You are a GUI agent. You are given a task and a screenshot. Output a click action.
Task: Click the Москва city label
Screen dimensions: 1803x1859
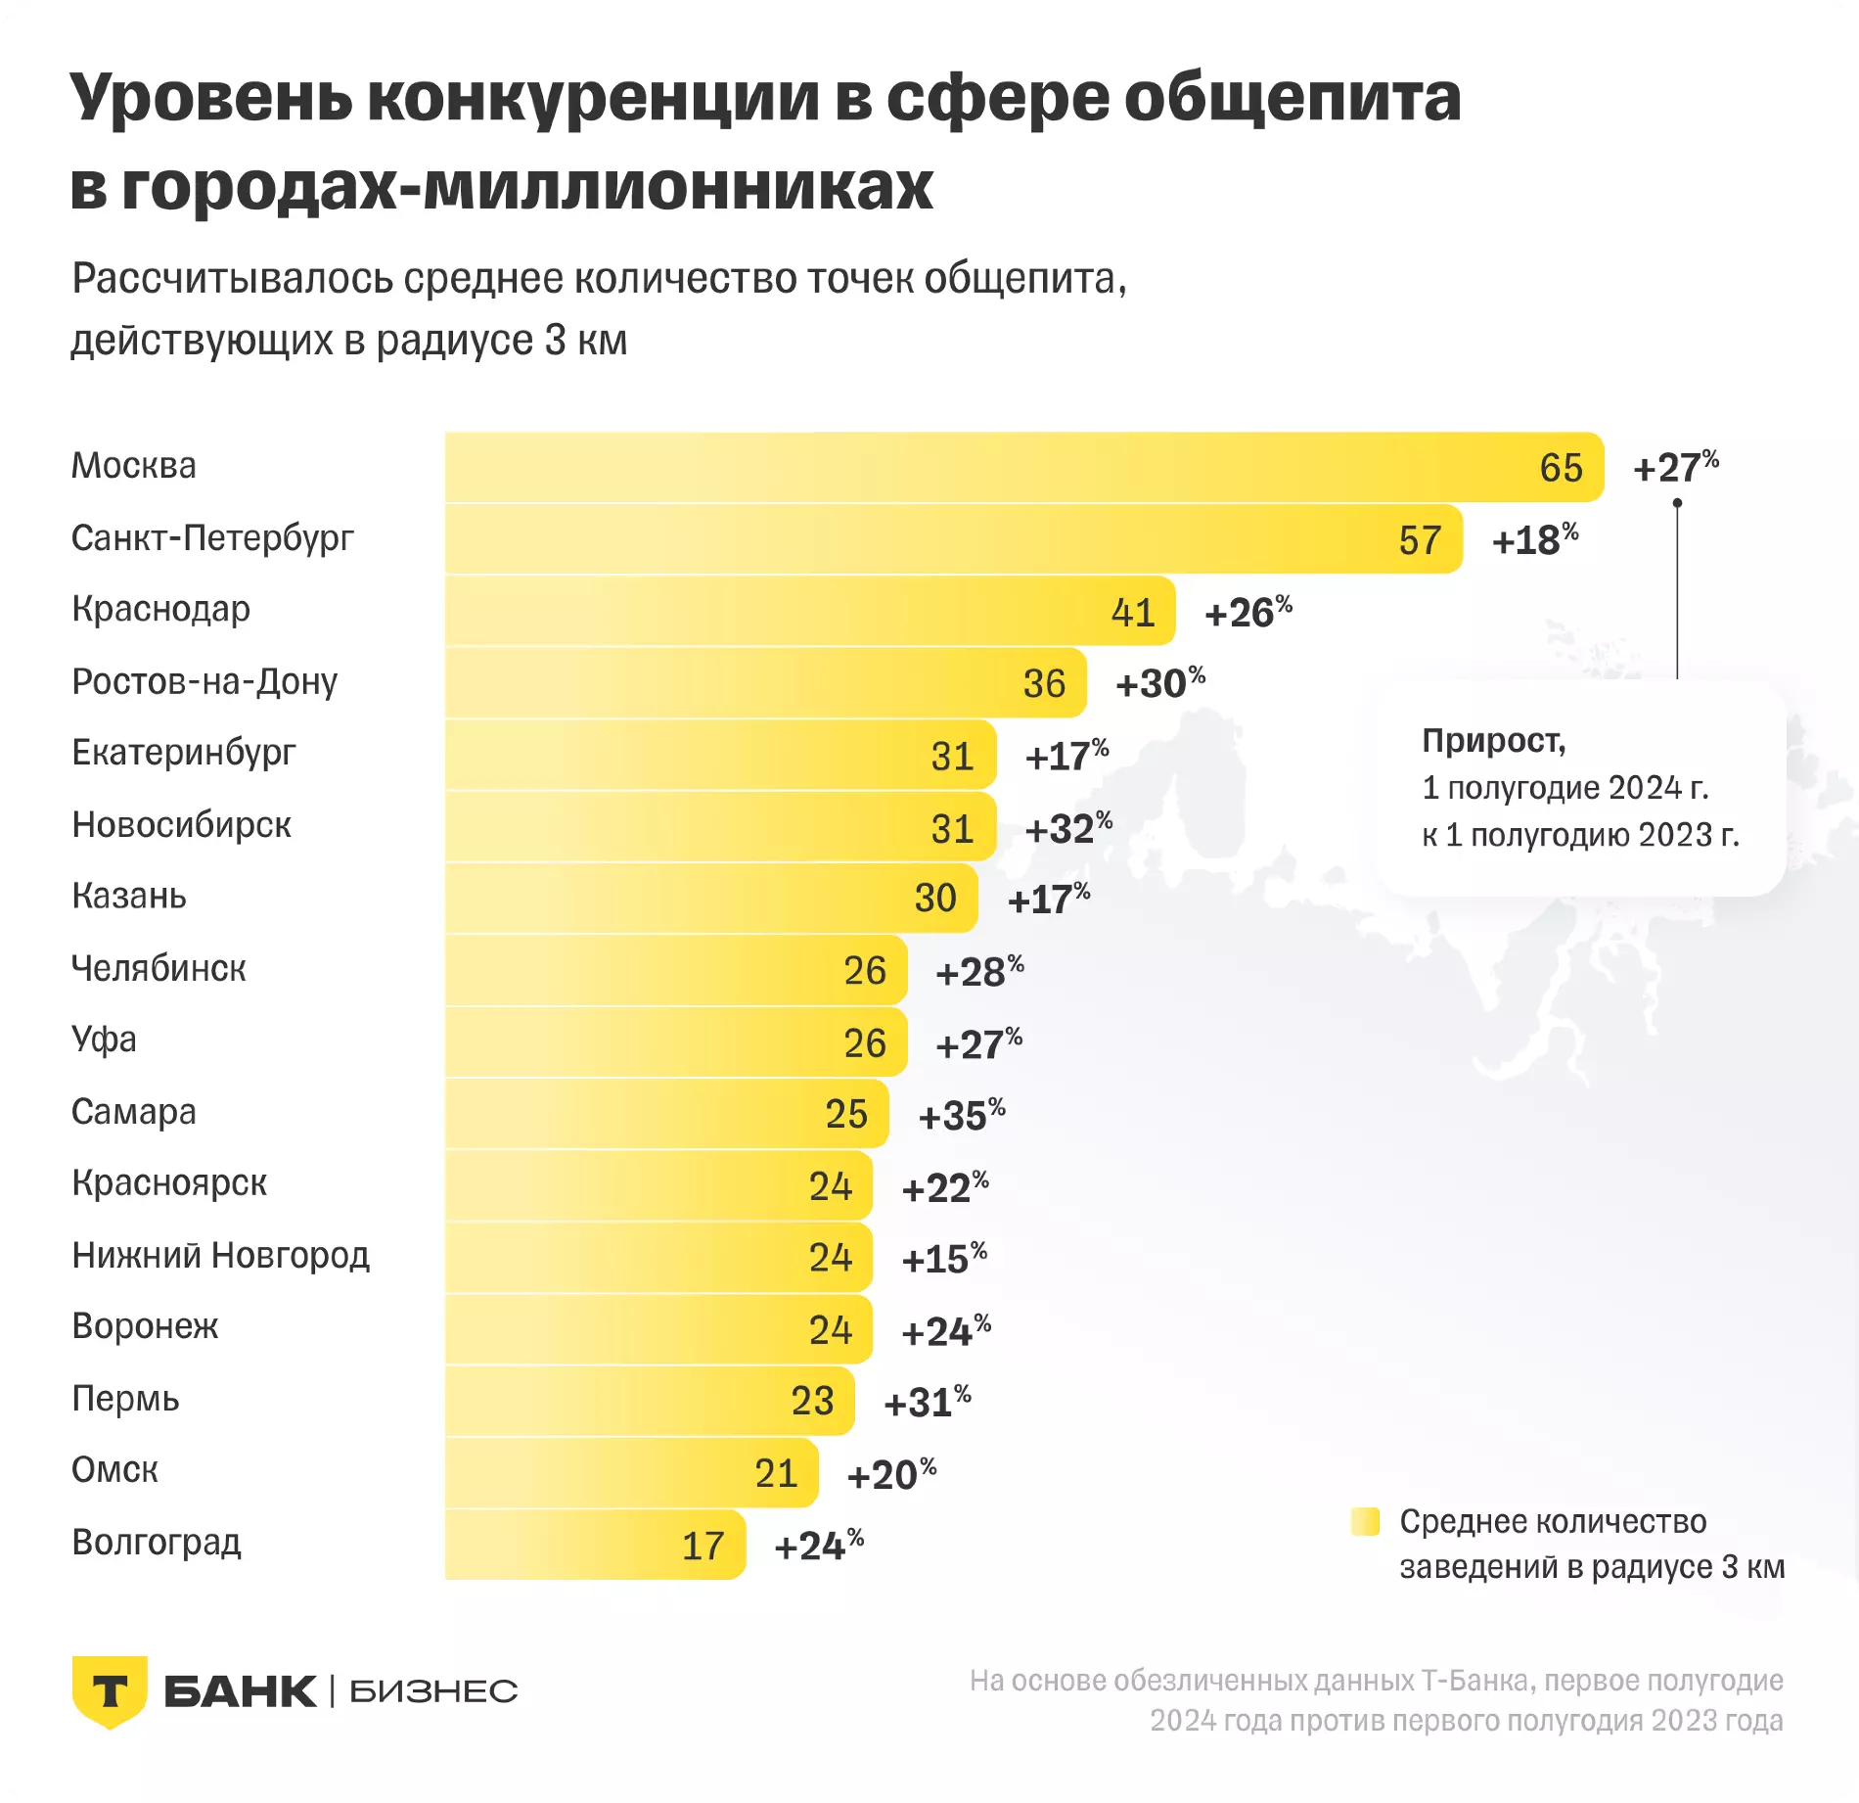(x=134, y=466)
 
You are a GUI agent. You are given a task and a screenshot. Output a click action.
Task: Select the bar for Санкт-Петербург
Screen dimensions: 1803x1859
(x=953, y=539)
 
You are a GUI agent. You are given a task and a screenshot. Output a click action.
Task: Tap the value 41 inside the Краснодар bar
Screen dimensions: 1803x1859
(x=1133, y=613)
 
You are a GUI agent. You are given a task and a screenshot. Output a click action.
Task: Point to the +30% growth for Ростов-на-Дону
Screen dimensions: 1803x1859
(x=1159, y=682)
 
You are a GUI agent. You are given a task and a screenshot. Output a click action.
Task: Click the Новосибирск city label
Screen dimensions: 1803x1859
(x=181, y=825)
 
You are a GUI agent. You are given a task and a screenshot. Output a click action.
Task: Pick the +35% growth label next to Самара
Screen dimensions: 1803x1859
(x=961, y=1114)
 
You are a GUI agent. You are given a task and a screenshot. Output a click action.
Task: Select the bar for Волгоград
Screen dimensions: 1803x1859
(x=595, y=1545)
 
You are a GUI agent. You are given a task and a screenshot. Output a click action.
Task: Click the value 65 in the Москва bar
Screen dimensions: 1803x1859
(x=1561, y=468)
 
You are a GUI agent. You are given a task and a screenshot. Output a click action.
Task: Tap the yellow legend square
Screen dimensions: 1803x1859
(x=1364, y=1522)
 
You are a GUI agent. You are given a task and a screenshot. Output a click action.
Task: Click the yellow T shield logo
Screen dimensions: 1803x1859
(x=110, y=1691)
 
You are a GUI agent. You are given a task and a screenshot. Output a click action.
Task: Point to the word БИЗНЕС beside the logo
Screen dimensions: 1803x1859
(x=433, y=1691)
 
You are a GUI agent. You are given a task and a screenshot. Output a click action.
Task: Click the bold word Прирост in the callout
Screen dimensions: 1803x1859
(x=1493, y=741)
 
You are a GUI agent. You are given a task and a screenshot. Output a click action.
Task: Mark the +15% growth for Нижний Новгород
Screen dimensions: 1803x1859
(x=943, y=1258)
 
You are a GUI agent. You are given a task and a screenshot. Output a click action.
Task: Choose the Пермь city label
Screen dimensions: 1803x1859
(x=125, y=1399)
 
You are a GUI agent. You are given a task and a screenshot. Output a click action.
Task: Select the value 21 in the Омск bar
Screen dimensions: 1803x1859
(x=777, y=1473)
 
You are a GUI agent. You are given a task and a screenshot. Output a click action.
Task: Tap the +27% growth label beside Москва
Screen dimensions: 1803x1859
(x=1675, y=467)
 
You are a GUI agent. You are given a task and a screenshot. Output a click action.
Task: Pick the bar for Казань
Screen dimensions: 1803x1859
(x=710, y=898)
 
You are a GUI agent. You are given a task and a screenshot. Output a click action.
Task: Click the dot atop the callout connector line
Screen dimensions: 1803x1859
(x=1677, y=503)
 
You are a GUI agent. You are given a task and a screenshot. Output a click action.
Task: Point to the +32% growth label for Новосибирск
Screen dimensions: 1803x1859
(x=1067, y=828)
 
